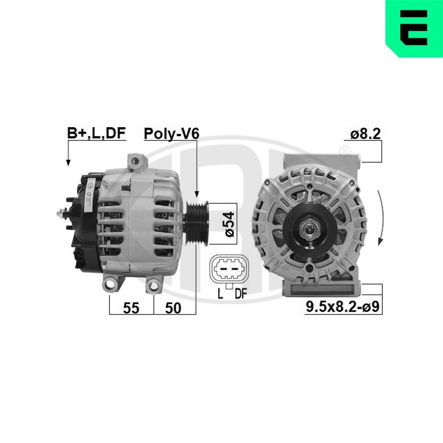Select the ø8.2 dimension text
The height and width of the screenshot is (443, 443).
pyautogui.click(x=365, y=134)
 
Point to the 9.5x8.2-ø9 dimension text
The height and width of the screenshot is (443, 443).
pyautogui.click(x=343, y=307)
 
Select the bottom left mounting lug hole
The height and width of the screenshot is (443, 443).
pyautogui.click(x=111, y=284)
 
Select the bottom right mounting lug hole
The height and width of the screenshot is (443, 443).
pyautogui.click(x=153, y=285)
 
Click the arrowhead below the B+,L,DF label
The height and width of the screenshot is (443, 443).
pyautogui.click(x=68, y=163)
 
